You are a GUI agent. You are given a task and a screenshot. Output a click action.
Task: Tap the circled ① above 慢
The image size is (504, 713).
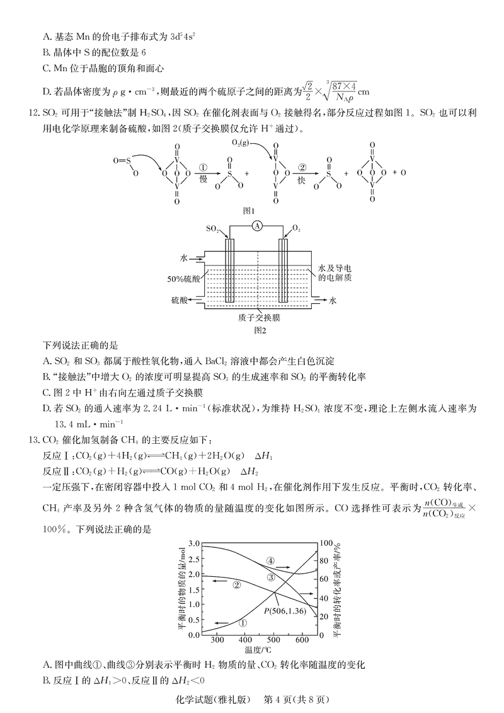pyautogui.click(x=203, y=168)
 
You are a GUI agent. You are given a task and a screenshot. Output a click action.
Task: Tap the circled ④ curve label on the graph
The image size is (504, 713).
pyautogui.click(x=270, y=560)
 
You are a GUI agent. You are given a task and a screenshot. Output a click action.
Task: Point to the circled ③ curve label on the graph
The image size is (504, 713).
pyautogui.click(x=271, y=577)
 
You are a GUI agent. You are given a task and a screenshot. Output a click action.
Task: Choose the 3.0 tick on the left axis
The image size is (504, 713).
pyautogui.click(x=194, y=543)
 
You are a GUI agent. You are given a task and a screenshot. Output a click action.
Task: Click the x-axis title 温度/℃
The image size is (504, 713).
pyautogui.click(x=258, y=651)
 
